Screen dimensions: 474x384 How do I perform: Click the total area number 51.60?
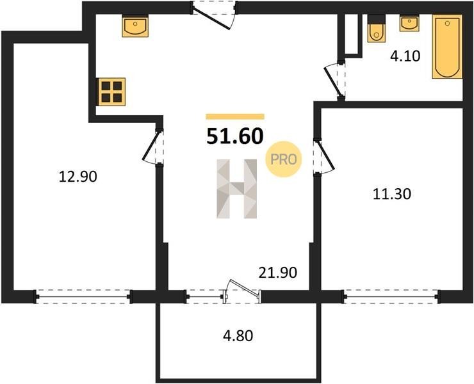tap(235, 136)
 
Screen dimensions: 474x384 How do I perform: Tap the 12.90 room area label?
tap(78, 177)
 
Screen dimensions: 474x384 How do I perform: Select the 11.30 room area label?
tap(392, 194)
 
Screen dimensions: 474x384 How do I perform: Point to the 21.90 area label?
tap(278, 273)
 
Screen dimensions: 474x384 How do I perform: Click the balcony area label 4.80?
tap(238, 335)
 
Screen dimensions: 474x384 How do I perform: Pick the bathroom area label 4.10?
tap(405, 56)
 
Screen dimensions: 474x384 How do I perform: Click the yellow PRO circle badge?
tap(284, 159)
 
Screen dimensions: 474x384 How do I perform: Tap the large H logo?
tap(237, 189)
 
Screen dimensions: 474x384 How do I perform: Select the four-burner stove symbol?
tap(112, 92)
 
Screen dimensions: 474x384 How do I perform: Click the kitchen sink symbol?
tap(135, 26)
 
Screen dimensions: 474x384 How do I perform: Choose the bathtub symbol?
tap(447, 47)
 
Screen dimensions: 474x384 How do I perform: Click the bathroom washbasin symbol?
tap(409, 23)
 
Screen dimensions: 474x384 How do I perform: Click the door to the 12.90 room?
tap(153, 147)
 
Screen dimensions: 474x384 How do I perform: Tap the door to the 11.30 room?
tap(323, 156)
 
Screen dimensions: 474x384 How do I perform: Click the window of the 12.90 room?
tap(83, 297)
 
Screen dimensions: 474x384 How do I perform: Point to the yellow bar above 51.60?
tap(235, 116)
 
